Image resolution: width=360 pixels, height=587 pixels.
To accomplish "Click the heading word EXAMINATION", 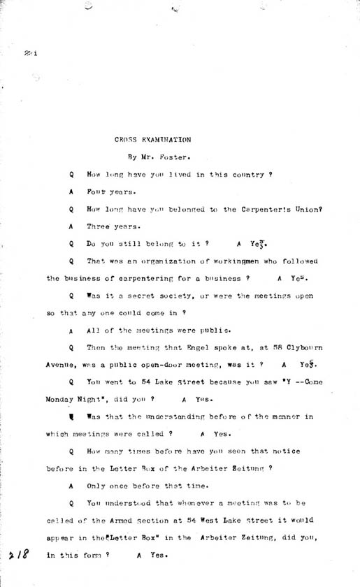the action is [x=164, y=140].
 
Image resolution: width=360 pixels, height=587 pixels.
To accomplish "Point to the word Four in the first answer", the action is [x=96, y=191].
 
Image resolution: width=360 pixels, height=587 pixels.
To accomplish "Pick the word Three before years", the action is [x=99, y=226].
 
